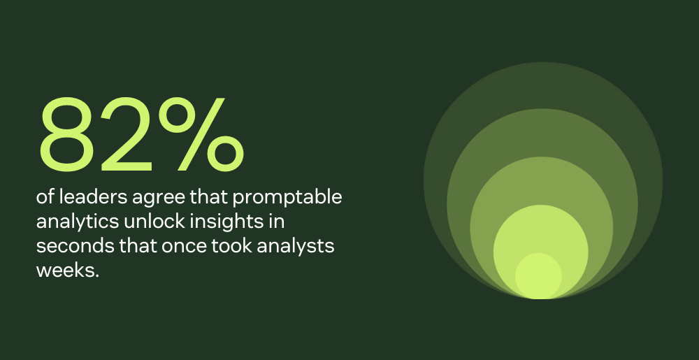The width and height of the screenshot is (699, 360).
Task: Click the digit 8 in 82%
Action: click(66, 135)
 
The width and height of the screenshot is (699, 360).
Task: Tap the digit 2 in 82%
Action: click(126, 134)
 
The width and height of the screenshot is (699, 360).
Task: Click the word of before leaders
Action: click(45, 197)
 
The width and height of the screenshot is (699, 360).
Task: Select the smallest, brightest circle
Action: click(538, 276)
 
